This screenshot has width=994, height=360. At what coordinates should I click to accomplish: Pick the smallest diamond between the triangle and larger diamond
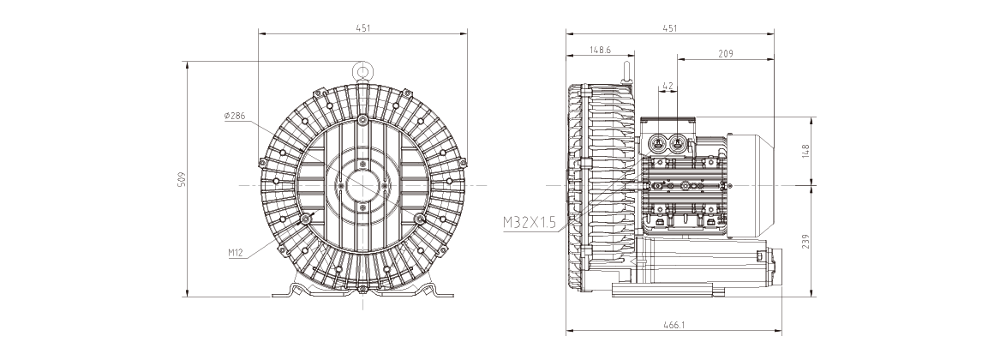click(x=766, y=186)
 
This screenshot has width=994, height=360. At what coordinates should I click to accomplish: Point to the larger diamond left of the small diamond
click(x=744, y=185)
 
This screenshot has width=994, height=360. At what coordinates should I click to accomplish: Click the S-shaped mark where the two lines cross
click(x=364, y=184)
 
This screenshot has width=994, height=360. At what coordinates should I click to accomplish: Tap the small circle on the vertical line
click(x=362, y=120)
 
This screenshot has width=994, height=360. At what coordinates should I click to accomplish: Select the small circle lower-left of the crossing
click(x=305, y=219)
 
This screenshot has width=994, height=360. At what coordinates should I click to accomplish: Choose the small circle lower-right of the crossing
click(x=420, y=219)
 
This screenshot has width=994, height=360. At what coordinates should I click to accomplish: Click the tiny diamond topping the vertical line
click(x=363, y=65)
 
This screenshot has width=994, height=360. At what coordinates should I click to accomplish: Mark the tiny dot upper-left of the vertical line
click(x=318, y=93)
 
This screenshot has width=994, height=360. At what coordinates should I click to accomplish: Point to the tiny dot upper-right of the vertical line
click(x=407, y=93)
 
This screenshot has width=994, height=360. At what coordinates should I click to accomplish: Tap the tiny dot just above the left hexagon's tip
click(x=262, y=163)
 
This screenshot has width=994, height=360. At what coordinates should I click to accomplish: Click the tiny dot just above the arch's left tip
click(x=463, y=163)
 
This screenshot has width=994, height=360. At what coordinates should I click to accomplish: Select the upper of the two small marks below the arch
click(x=582, y=250)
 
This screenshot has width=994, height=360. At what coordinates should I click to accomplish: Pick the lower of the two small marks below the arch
click(x=582, y=288)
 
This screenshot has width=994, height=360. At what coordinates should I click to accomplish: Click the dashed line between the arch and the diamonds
click(x=651, y=184)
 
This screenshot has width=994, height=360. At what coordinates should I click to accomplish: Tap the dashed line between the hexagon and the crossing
click(x=300, y=184)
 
